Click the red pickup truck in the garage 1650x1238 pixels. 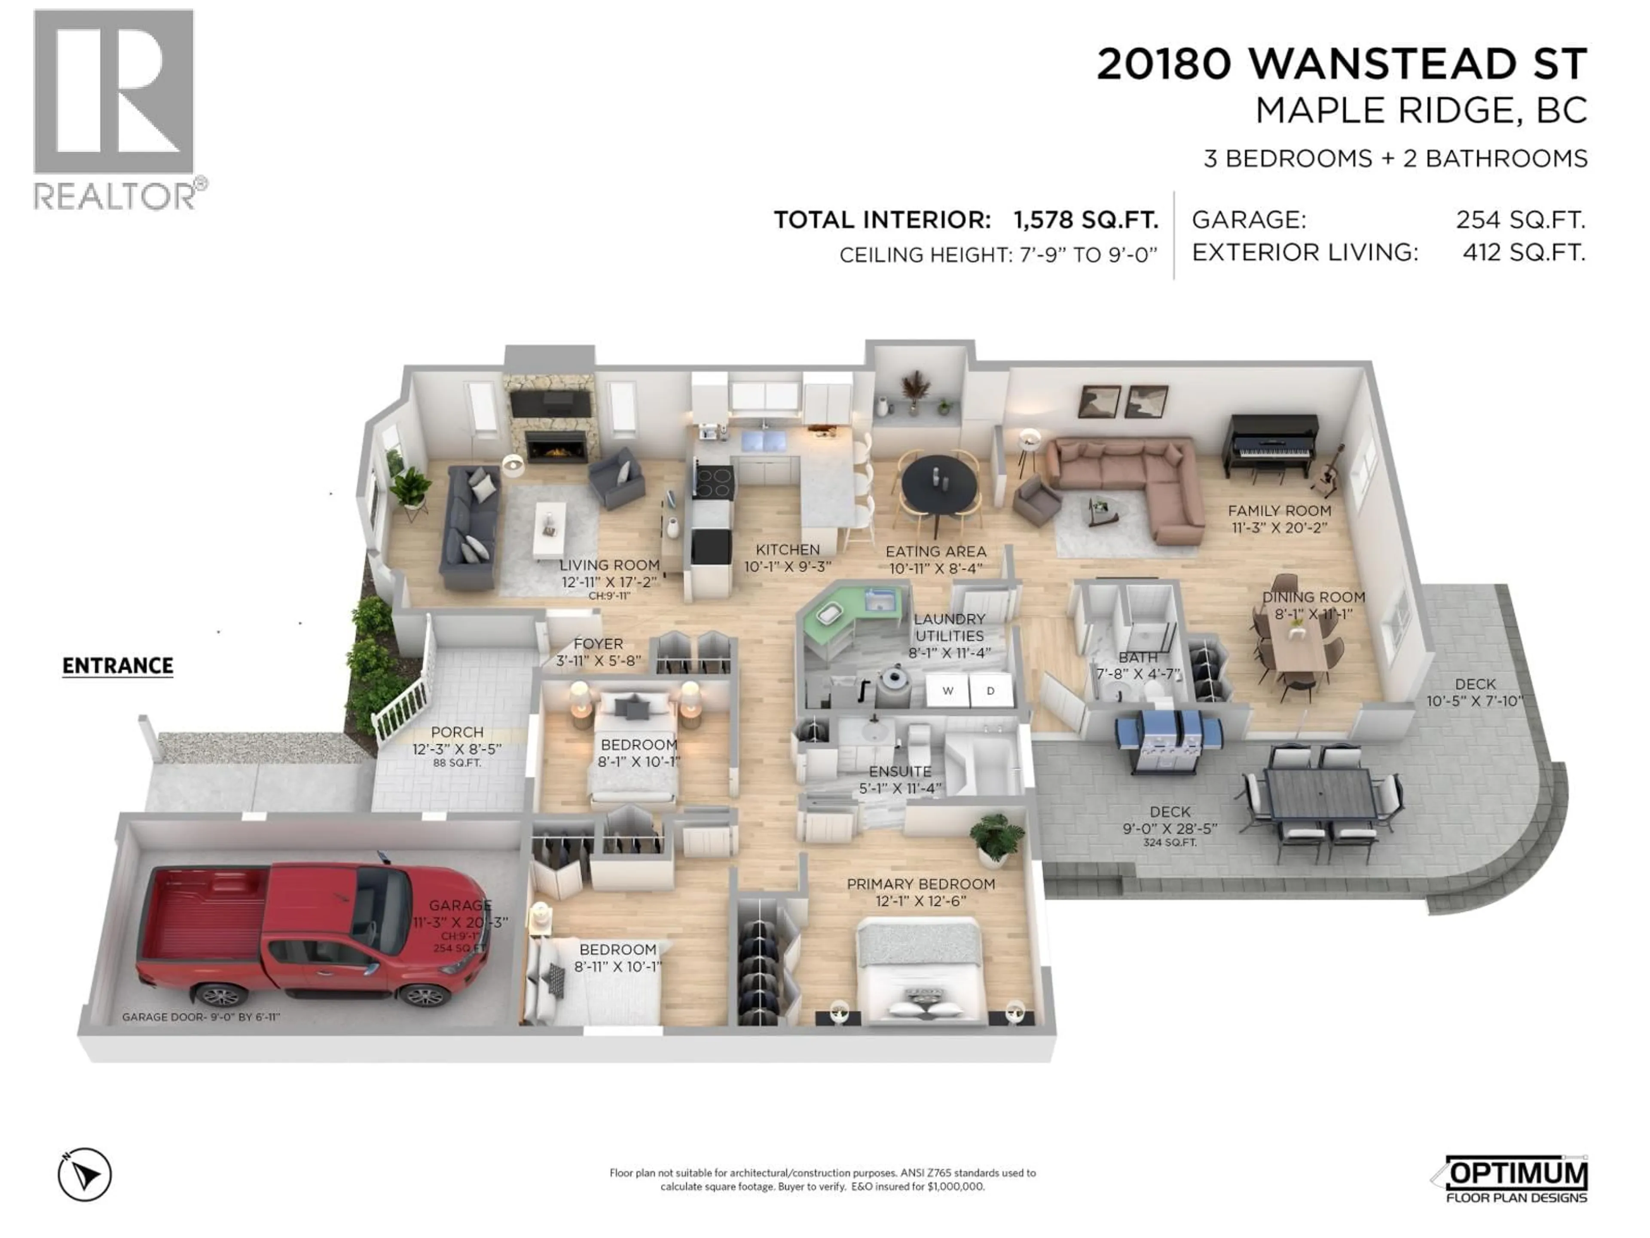point(313,933)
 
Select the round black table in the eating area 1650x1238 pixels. point(938,484)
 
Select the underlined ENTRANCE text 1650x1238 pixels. point(118,665)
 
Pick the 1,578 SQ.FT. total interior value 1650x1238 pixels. point(1085,220)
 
